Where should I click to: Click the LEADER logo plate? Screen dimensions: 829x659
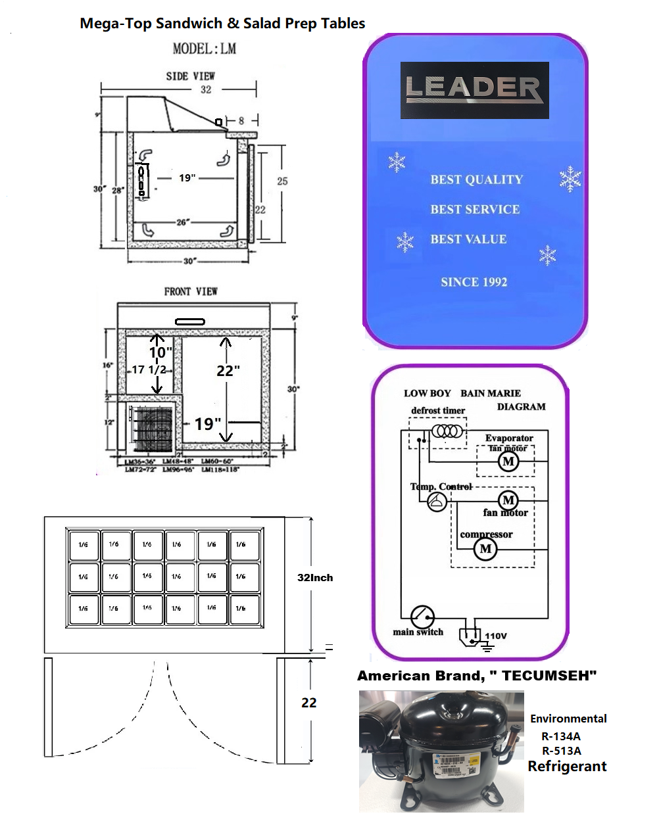point(474,90)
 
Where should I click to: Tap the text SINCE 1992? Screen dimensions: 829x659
point(474,282)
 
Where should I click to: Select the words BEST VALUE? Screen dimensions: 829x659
point(468,239)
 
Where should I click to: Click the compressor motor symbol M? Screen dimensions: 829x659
point(485,548)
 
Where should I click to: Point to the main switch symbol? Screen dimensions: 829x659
point(422,617)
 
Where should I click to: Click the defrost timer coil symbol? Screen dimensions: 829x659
point(448,431)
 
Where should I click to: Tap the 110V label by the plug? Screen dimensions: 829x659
point(496,636)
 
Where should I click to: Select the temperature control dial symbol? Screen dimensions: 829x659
point(437,502)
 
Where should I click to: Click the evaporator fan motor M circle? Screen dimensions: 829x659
point(508,461)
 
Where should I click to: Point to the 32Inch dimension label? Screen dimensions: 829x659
point(315,577)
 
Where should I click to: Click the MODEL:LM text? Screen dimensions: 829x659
point(204,49)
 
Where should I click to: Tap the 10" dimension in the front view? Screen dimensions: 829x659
point(160,352)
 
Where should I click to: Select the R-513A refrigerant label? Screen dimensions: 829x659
point(561,751)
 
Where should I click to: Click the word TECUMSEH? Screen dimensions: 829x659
point(549,676)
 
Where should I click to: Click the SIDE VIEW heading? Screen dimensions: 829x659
point(190,76)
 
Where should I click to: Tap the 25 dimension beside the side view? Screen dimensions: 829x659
point(282,181)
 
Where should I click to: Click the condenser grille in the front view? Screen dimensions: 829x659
point(151,429)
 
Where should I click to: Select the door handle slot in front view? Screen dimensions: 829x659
point(190,321)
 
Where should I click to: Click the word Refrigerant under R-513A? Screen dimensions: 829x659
point(567,767)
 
